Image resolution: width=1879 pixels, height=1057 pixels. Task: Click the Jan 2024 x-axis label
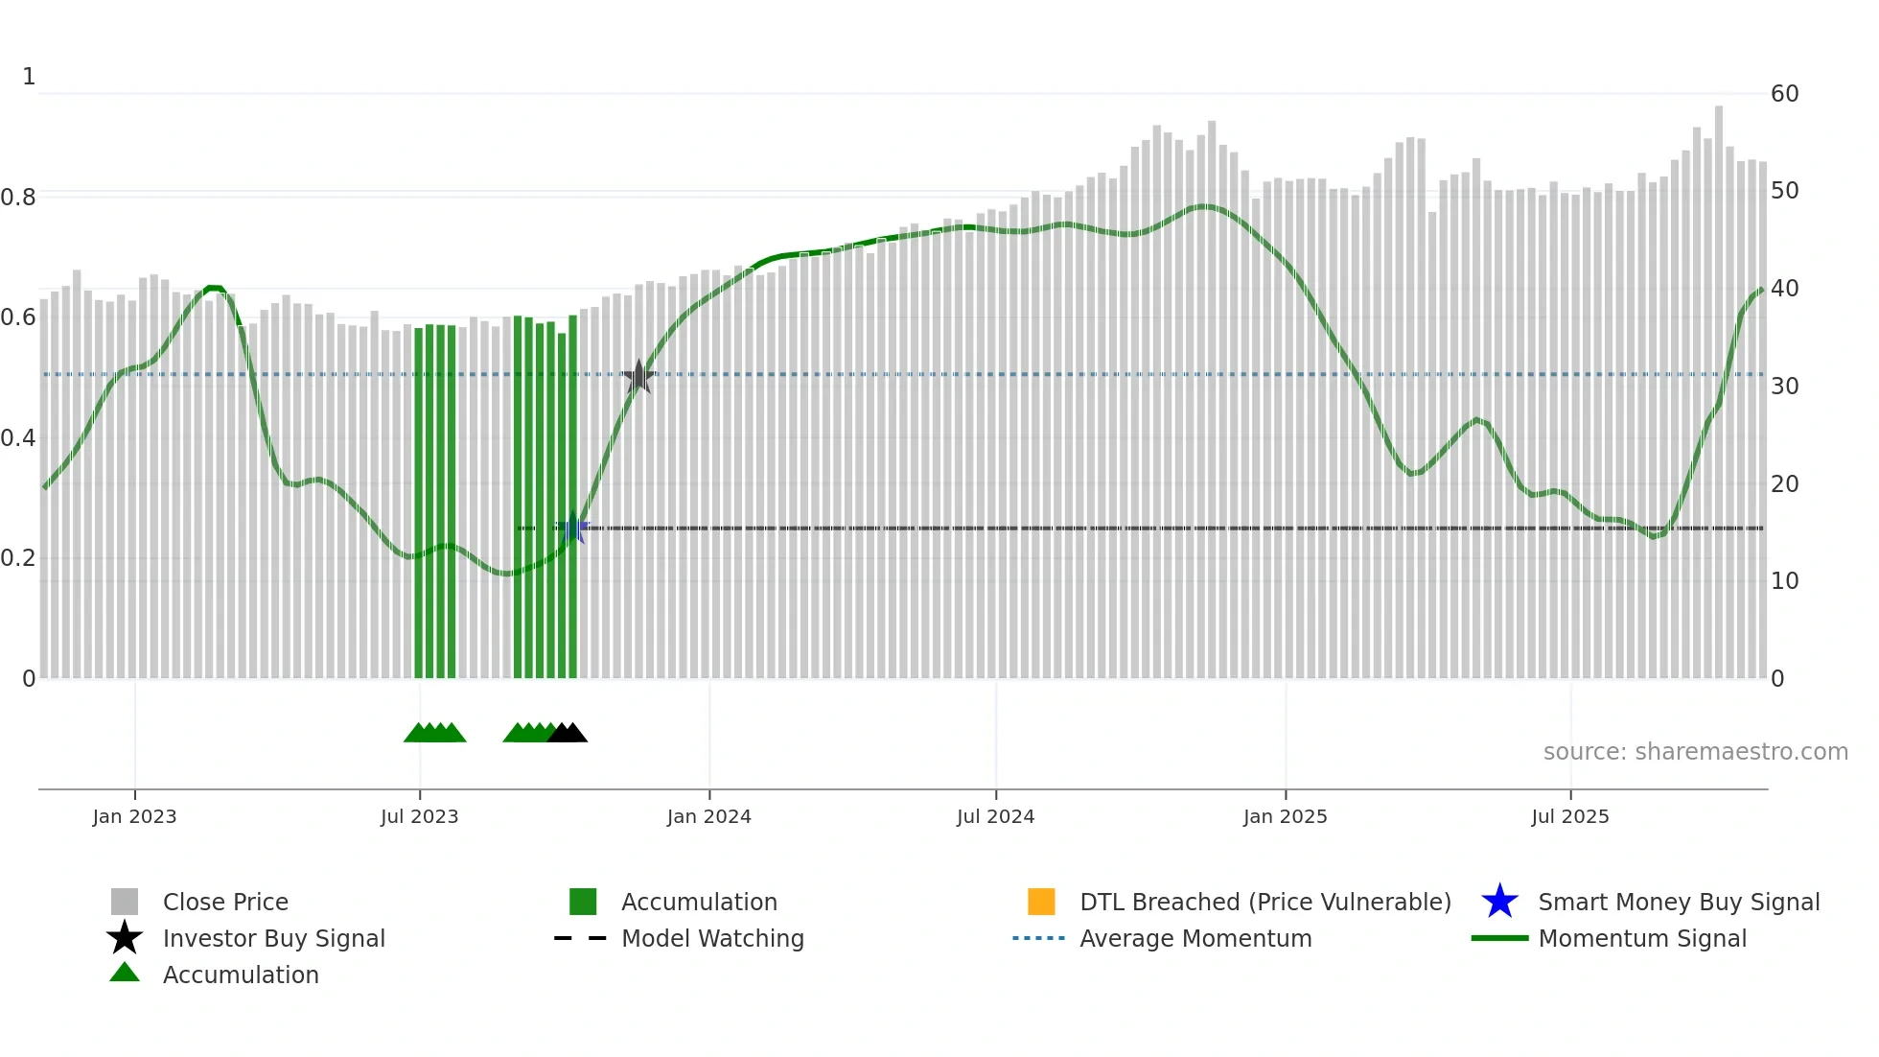click(x=708, y=816)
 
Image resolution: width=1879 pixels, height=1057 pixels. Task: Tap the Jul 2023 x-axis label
click(x=419, y=816)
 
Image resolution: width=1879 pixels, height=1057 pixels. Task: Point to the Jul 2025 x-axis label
click(x=1569, y=816)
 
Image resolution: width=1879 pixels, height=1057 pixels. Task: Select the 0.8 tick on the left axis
click(x=18, y=198)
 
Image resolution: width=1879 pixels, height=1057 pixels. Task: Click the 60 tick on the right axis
click(x=1784, y=94)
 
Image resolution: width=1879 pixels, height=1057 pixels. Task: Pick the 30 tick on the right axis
click(x=1784, y=387)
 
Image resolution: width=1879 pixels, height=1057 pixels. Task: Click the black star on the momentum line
click(x=638, y=377)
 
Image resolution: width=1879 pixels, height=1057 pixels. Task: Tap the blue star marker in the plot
click(x=573, y=528)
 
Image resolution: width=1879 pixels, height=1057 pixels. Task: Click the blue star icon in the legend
click(x=1499, y=902)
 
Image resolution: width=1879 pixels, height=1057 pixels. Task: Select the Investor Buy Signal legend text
click(x=273, y=938)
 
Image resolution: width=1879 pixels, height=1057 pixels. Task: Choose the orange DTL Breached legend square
click(x=1041, y=902)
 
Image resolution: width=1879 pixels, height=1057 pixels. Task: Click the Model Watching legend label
click(x=712, y=938)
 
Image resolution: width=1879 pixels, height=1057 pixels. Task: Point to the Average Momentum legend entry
click(x=1195, y=938)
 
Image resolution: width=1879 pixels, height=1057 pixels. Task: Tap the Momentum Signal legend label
click(x=1641, y=938)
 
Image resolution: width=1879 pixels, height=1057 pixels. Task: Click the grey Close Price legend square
click(x=125, y=902)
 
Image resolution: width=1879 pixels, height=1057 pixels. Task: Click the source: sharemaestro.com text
click(x=1695, y=752)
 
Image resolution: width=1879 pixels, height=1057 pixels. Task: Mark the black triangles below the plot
click(x=568, y=733)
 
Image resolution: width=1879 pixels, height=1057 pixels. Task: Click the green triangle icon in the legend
click(x=125, y=973)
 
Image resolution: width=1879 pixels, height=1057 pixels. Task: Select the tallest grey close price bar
click(x=1719, y=384)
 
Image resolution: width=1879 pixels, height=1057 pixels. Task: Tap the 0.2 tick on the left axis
click(x=18, y=558)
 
